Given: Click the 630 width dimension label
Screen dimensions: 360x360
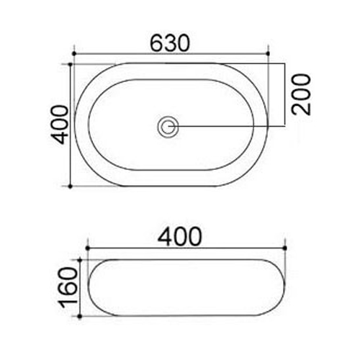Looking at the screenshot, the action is pyautogui.click(x=170, y=43).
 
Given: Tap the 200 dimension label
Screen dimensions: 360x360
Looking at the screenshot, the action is pyautogui.click(x=301, y=94).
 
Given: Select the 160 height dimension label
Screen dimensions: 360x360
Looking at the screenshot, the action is pyautogui.click(x=68, y=288).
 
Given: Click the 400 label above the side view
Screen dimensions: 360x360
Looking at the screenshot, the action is pyautogui.click(x=179, y=236).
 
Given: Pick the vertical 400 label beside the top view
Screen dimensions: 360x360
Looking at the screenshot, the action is pyautogui.click(x=60, y=125).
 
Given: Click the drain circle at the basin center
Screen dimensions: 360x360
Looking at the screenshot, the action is pyautogui.click(x=168, y=127).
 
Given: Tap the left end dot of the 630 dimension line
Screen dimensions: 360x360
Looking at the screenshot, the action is pyautogui.click(x=74, y=53).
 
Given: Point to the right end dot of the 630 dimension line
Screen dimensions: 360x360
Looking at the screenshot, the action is pyautogui.click(x=268, y=53).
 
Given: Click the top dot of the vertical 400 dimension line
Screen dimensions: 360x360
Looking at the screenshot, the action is pyautogui.click(x=71, y=64).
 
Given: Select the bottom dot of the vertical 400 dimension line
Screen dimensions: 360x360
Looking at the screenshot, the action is pyautogui.click(x=71, y=186).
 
